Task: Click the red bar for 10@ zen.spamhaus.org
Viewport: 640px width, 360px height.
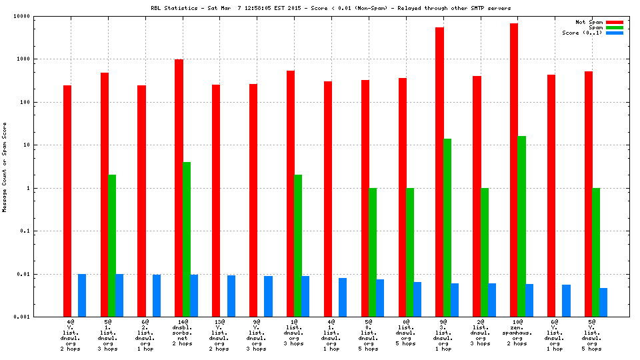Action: tap(514, 170)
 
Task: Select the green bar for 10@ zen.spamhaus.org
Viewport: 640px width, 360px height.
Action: tap(521, 227)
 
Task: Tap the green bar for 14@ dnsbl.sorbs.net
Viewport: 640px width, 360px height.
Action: tap(187, 239)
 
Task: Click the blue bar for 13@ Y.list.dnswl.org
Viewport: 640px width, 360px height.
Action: tap(231, 296)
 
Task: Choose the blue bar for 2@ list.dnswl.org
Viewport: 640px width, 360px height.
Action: tap(492, 300)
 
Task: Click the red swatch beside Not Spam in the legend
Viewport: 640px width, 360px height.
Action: tap(614, 22)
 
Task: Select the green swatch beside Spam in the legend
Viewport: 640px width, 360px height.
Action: tap(614, 27)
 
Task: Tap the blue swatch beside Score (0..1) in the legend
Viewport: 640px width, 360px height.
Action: tap(614, 33)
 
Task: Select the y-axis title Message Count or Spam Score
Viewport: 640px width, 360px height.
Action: tap(5, 167)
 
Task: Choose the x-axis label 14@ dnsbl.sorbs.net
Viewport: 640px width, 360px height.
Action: tap(183, 336)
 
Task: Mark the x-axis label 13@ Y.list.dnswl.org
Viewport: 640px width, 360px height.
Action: tap(220, 336)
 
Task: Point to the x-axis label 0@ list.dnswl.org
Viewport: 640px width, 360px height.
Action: tap(406, 333)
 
